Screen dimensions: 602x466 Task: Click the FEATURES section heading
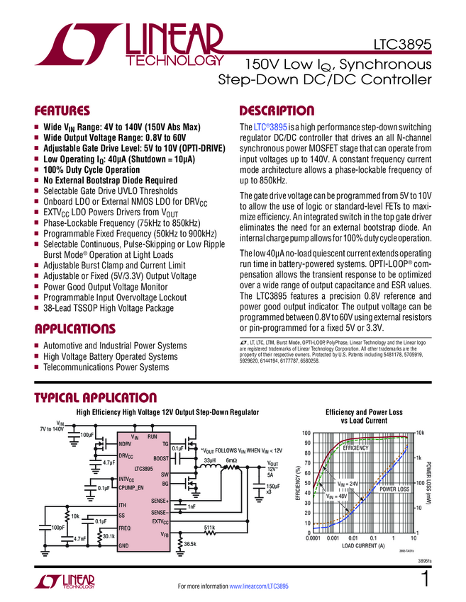tap(62, 111)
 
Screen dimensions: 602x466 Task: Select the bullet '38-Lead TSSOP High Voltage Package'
tap(108, 309)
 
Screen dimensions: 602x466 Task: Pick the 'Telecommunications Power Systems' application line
tap(106, 367)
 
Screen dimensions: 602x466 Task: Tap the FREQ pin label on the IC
tap(125, 528)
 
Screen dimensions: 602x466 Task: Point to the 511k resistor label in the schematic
tap(210, 528)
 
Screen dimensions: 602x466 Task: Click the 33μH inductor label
tap(209, 461)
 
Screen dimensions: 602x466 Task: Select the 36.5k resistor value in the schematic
tap(190, 544)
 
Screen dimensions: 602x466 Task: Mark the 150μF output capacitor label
tap(272, 487)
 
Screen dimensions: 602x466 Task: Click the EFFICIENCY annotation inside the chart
tap(356, 449)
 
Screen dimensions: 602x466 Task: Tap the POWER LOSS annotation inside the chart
tap(394, 489)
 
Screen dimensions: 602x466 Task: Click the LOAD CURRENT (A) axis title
tap(363, 546)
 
